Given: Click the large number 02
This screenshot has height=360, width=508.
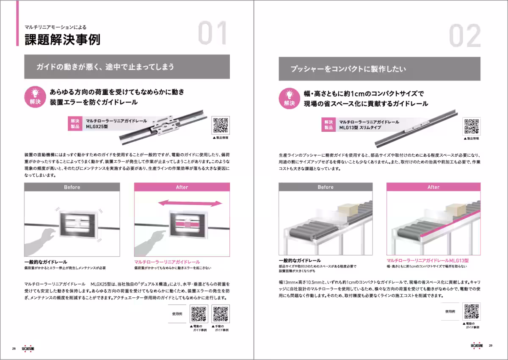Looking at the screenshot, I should coord(465,36).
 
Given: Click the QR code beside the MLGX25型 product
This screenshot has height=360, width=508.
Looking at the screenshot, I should coord(220,125).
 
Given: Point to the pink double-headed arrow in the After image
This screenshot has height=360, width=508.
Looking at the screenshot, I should coord(190,203).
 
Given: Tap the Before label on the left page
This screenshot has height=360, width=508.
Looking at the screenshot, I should coord(72,187).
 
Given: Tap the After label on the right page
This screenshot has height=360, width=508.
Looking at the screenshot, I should coord(433,187).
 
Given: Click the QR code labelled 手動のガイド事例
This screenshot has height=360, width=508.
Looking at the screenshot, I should coord(221,314).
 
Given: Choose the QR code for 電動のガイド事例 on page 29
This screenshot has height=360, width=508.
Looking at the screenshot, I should coord(472,312).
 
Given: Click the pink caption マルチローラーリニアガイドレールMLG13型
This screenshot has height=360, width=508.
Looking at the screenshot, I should coord(428,260).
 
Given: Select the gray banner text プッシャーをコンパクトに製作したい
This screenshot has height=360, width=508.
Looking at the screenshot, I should coord(348,69).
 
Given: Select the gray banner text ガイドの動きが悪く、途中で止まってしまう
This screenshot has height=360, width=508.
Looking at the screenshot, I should coord(105,67).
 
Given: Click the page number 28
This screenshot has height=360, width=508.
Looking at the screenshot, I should coord(14,348).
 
